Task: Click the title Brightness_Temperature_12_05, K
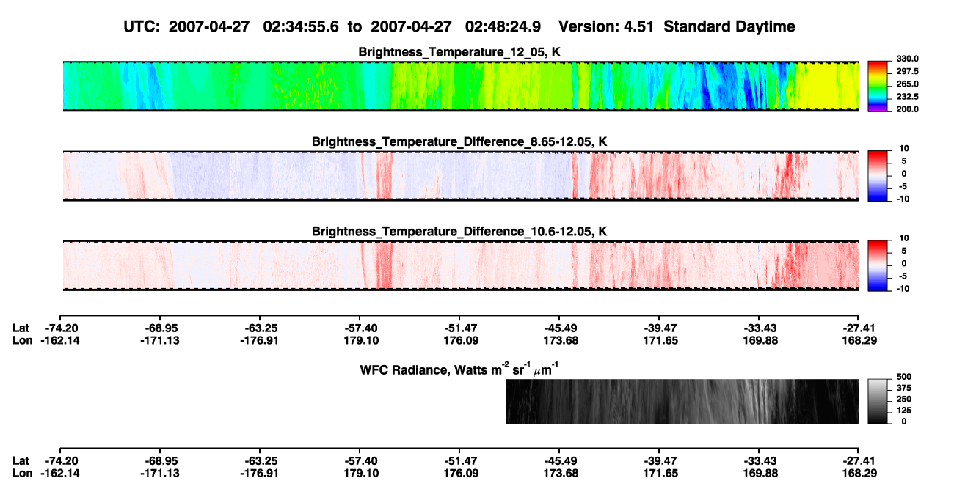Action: (x=459, y=52)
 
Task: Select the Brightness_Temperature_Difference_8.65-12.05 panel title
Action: (x=459, y=141)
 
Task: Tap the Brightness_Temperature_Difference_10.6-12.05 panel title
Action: (x=459, y=232)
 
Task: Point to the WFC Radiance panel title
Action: (x=459, y=369)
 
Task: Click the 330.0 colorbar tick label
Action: (x=907, y=59)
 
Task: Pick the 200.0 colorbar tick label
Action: (x=907, y=109)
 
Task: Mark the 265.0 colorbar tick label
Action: (x=907, y=84)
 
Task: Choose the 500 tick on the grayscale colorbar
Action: (x=904, y=377)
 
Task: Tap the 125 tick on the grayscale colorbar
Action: (x=904, y=411)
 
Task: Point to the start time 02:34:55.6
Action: (x=301, y=27)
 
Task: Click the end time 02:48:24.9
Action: (x=503, y=27)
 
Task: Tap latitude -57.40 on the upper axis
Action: (x=360, y=328)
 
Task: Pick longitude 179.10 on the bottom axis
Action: (x=361, y=474)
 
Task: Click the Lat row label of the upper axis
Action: (x=21, y=328)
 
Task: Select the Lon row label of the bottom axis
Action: (x=23, y=474)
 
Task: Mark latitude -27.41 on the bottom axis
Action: (x=859, y=461)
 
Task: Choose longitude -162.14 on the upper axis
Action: (x=60, y=340)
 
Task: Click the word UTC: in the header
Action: (x=142, y=27)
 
